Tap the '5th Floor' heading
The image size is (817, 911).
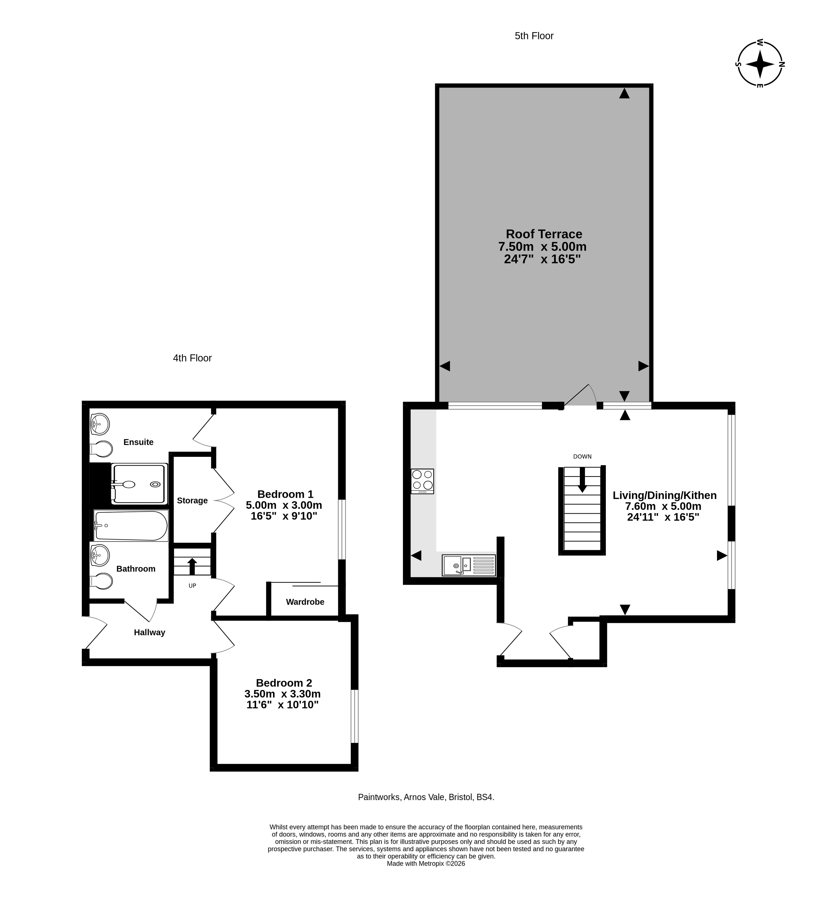[534, 36]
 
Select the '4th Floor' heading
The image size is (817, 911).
[192, 358]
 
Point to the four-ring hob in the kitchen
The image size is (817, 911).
[422, 481]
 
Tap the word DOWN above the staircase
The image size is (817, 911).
[582, 456]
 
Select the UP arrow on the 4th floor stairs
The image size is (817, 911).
[192, 566]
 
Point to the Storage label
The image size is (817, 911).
[192, 500]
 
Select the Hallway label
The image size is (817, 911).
[149, 632]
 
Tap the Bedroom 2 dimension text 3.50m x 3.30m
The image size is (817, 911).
[282, 694]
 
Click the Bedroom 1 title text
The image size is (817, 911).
[285, 494]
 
